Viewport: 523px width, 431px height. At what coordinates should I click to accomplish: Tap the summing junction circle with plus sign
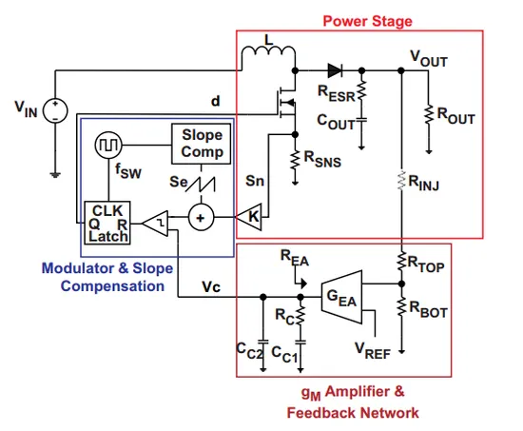(x=201, y=218)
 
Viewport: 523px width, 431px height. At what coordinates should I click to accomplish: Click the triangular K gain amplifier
(x=249, y=217)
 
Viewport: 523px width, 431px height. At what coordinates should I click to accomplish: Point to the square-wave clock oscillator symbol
(x=108, y=145)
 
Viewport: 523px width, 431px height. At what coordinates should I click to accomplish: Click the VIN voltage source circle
(x=55, y=110)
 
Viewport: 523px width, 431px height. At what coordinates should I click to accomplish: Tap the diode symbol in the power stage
(x=335, y=70)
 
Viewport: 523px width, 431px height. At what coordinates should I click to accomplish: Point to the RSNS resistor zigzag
(x=295, y=161)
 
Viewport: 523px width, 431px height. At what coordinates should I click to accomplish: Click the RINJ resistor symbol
(x=401, y=181)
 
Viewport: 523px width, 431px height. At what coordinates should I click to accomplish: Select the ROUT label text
(x=455, y=115)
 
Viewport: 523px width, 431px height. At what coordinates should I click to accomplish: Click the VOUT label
(x=429, y=59)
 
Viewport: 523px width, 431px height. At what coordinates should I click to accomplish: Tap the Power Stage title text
(x=368, y=21)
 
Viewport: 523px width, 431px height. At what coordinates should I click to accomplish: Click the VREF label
(x=373, y=351)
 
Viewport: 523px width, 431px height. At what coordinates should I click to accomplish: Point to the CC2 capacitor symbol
(x=263, y=342)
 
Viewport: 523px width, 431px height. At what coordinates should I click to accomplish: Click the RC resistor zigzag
(x=300, y=315)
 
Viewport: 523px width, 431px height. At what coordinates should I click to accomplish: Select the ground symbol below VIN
(x=55, y=175)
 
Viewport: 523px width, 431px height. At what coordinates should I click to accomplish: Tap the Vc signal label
(x=211, y=286)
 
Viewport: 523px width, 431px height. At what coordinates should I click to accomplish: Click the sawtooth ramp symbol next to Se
(x=200, y=184)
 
